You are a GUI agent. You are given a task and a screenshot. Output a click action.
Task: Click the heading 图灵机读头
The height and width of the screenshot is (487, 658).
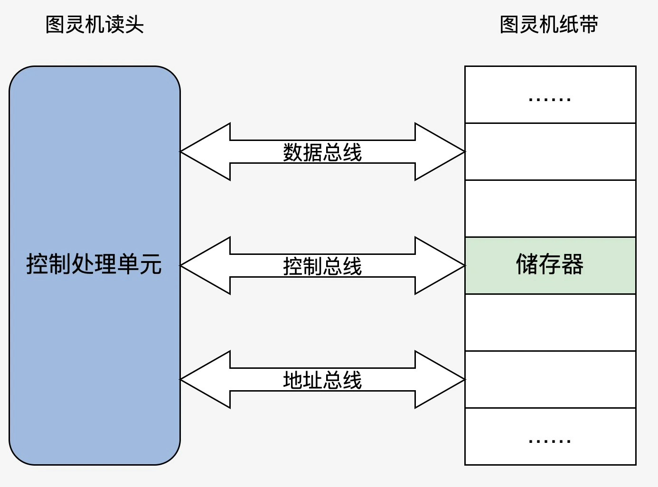tap(94, 25)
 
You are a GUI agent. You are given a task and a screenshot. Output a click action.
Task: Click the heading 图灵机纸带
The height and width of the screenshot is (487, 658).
tap(549, 25)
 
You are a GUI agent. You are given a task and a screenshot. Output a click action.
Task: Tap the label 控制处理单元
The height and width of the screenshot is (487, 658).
tap(94, 264)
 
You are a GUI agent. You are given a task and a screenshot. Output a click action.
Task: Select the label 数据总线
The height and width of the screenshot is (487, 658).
tap(322, 152)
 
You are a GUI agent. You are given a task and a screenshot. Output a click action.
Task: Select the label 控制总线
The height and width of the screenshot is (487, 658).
tap(322, 266)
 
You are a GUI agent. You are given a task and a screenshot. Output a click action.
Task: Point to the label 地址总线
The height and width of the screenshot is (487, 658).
tap(322, 380)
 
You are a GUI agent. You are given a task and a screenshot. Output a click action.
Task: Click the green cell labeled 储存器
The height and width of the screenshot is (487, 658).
tap(550, 265)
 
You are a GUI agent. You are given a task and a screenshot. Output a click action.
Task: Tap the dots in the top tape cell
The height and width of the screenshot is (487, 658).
tap(550, 99)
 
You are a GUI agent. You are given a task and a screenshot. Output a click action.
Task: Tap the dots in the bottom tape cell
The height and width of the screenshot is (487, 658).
tap(550, 441)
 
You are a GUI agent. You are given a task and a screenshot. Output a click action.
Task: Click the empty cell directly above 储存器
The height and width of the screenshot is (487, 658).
tap(550, 209)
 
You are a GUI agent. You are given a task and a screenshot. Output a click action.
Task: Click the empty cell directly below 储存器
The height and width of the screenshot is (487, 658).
tap(550, 323)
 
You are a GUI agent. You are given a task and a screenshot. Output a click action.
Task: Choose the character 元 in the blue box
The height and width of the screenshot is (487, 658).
tap(150, 264)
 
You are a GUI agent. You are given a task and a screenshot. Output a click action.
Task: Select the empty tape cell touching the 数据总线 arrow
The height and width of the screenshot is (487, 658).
tap(550, 152)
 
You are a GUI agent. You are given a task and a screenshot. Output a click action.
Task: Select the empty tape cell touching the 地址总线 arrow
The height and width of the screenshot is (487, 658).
tap(550, 380)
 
